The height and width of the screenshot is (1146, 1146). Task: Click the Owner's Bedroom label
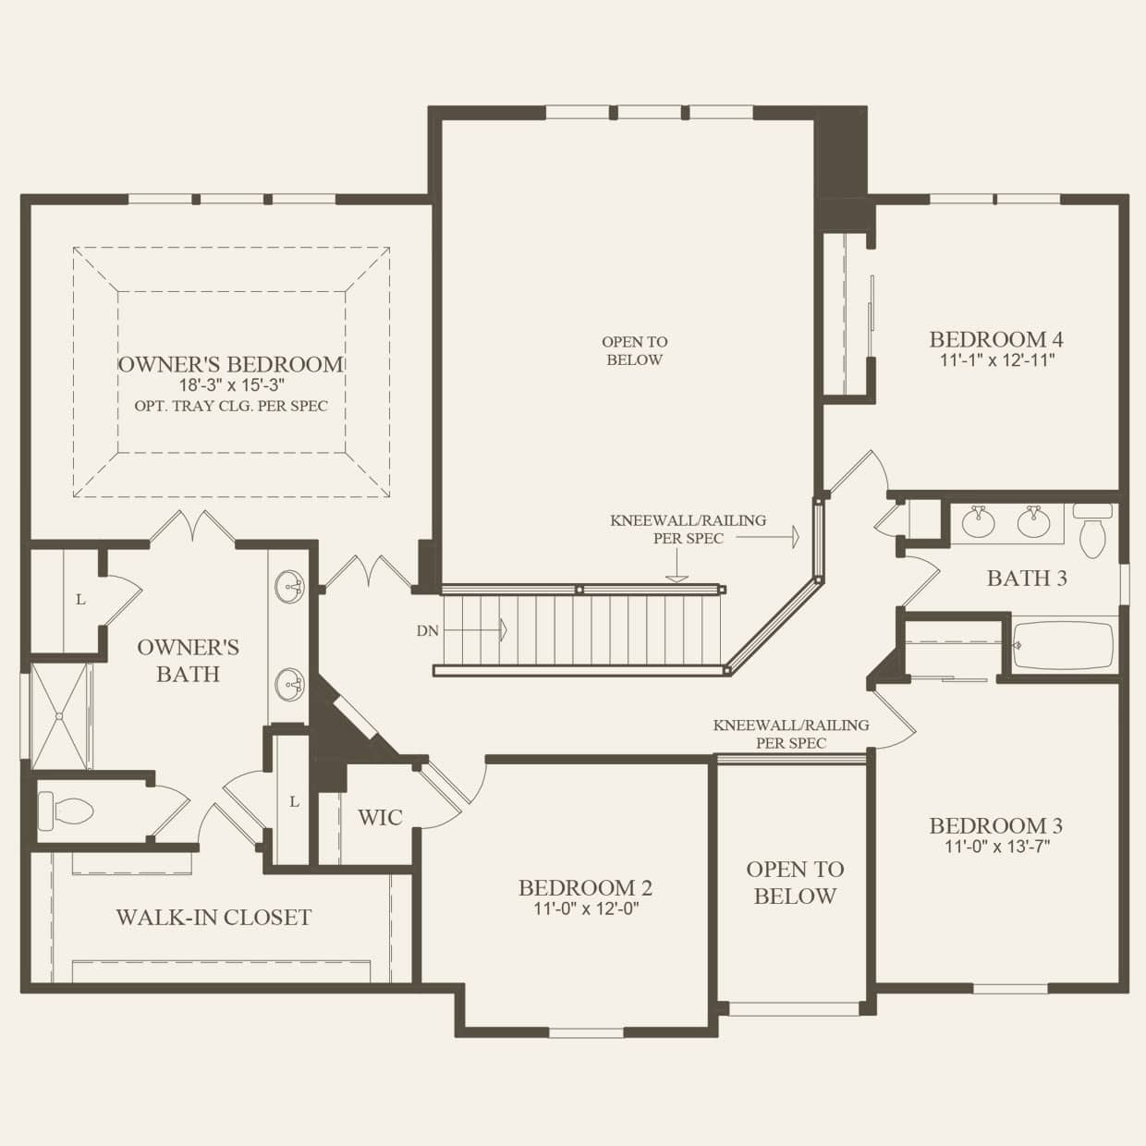(231, 364)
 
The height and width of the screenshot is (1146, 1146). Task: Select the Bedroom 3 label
(995, 825)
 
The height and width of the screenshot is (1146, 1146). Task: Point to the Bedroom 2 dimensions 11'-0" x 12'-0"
(586, 908)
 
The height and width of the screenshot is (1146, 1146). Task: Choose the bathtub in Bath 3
(1064, 643)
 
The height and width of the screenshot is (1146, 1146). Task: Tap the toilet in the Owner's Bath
(67, 811)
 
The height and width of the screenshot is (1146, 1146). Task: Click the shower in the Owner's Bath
(61, 714)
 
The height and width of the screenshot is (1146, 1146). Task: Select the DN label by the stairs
(427, 630)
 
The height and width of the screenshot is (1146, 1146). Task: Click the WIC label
(380, 817)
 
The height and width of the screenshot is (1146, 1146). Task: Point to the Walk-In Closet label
(213, 917)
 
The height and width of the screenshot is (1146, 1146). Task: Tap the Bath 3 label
(1027, 579)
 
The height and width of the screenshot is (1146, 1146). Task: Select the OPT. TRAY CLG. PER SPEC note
(231, 406)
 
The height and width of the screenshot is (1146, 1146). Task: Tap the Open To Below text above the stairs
(634, 351)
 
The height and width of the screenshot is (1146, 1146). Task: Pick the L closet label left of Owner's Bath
(80, 600)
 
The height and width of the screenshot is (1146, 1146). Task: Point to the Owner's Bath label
(188, 660)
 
